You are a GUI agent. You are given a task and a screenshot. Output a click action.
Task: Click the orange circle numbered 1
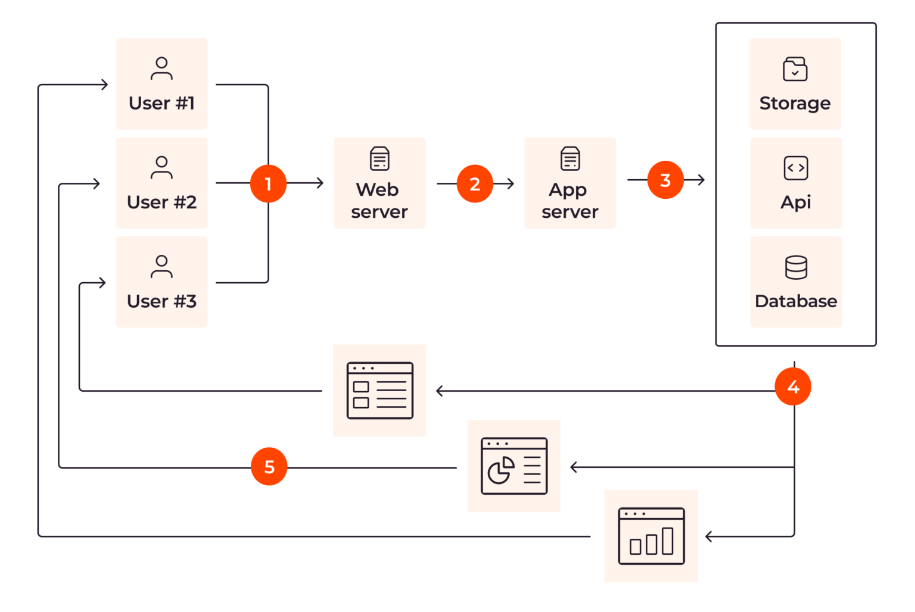(x=268, y=183)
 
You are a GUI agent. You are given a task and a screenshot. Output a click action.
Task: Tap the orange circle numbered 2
(x=475, y=183)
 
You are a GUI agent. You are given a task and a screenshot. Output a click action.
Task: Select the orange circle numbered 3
(x=665, y=180)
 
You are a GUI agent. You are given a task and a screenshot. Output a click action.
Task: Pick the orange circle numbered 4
(x=793, y=387)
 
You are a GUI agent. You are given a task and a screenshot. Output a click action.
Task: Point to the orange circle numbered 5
(x=269, y=467)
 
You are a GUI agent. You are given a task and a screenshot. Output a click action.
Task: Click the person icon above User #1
(x=161, y=68)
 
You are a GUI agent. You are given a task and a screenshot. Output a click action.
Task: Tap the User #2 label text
(x=161, y=202)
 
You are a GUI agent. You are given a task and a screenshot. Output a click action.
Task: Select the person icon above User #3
(x=161, y=267)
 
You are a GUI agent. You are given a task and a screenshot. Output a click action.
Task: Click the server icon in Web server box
(x=379, y=159)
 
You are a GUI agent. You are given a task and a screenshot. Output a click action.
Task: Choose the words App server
(x=569, y=201)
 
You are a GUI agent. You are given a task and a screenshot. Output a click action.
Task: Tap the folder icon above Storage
(x=795, y=69)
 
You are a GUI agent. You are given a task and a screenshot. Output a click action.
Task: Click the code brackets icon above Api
(x=796, y=168)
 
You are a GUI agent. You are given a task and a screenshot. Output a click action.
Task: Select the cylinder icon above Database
(x=796, y=267)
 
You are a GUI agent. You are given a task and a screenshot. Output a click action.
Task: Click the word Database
(x=796, y=301)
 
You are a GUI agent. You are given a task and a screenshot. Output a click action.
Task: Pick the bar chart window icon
(x=651, y=536)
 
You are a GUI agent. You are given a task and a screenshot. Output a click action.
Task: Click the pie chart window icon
(x=513, y=466)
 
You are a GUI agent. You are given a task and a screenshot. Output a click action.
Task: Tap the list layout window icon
(x=380, y=391)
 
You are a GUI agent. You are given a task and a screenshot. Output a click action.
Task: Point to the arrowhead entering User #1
(x=105, y=85)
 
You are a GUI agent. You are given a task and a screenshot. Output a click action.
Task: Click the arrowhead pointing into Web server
(x=320, y=183)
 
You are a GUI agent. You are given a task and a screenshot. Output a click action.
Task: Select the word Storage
(x=795, y=104)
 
